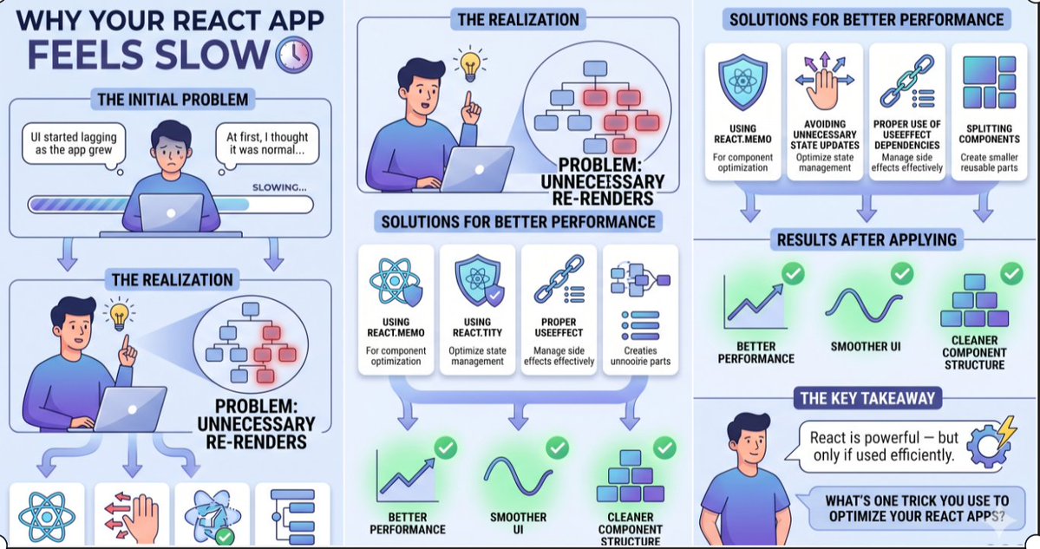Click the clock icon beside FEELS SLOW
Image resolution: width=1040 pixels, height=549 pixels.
(291, 54)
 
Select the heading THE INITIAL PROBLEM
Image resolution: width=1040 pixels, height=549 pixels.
(172, 99)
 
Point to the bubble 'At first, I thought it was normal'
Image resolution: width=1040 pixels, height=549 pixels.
(266, 143)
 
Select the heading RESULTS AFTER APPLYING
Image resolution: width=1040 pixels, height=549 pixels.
(867, 239)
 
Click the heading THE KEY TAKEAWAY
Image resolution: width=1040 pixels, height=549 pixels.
(867, 398)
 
